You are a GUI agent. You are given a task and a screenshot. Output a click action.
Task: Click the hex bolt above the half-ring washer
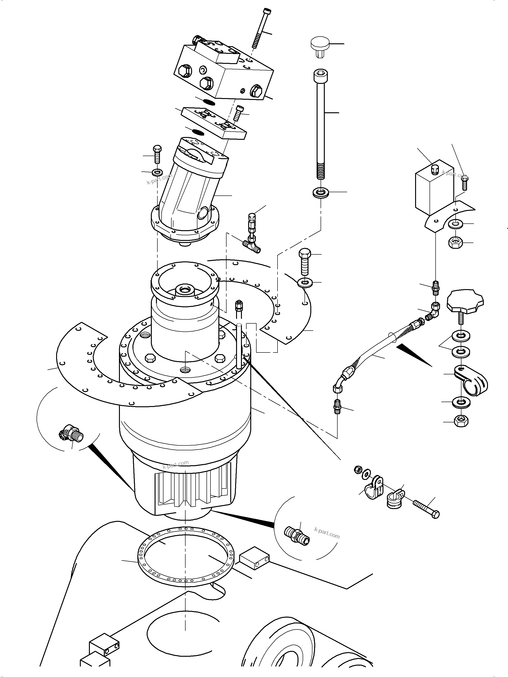pos(304,262)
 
